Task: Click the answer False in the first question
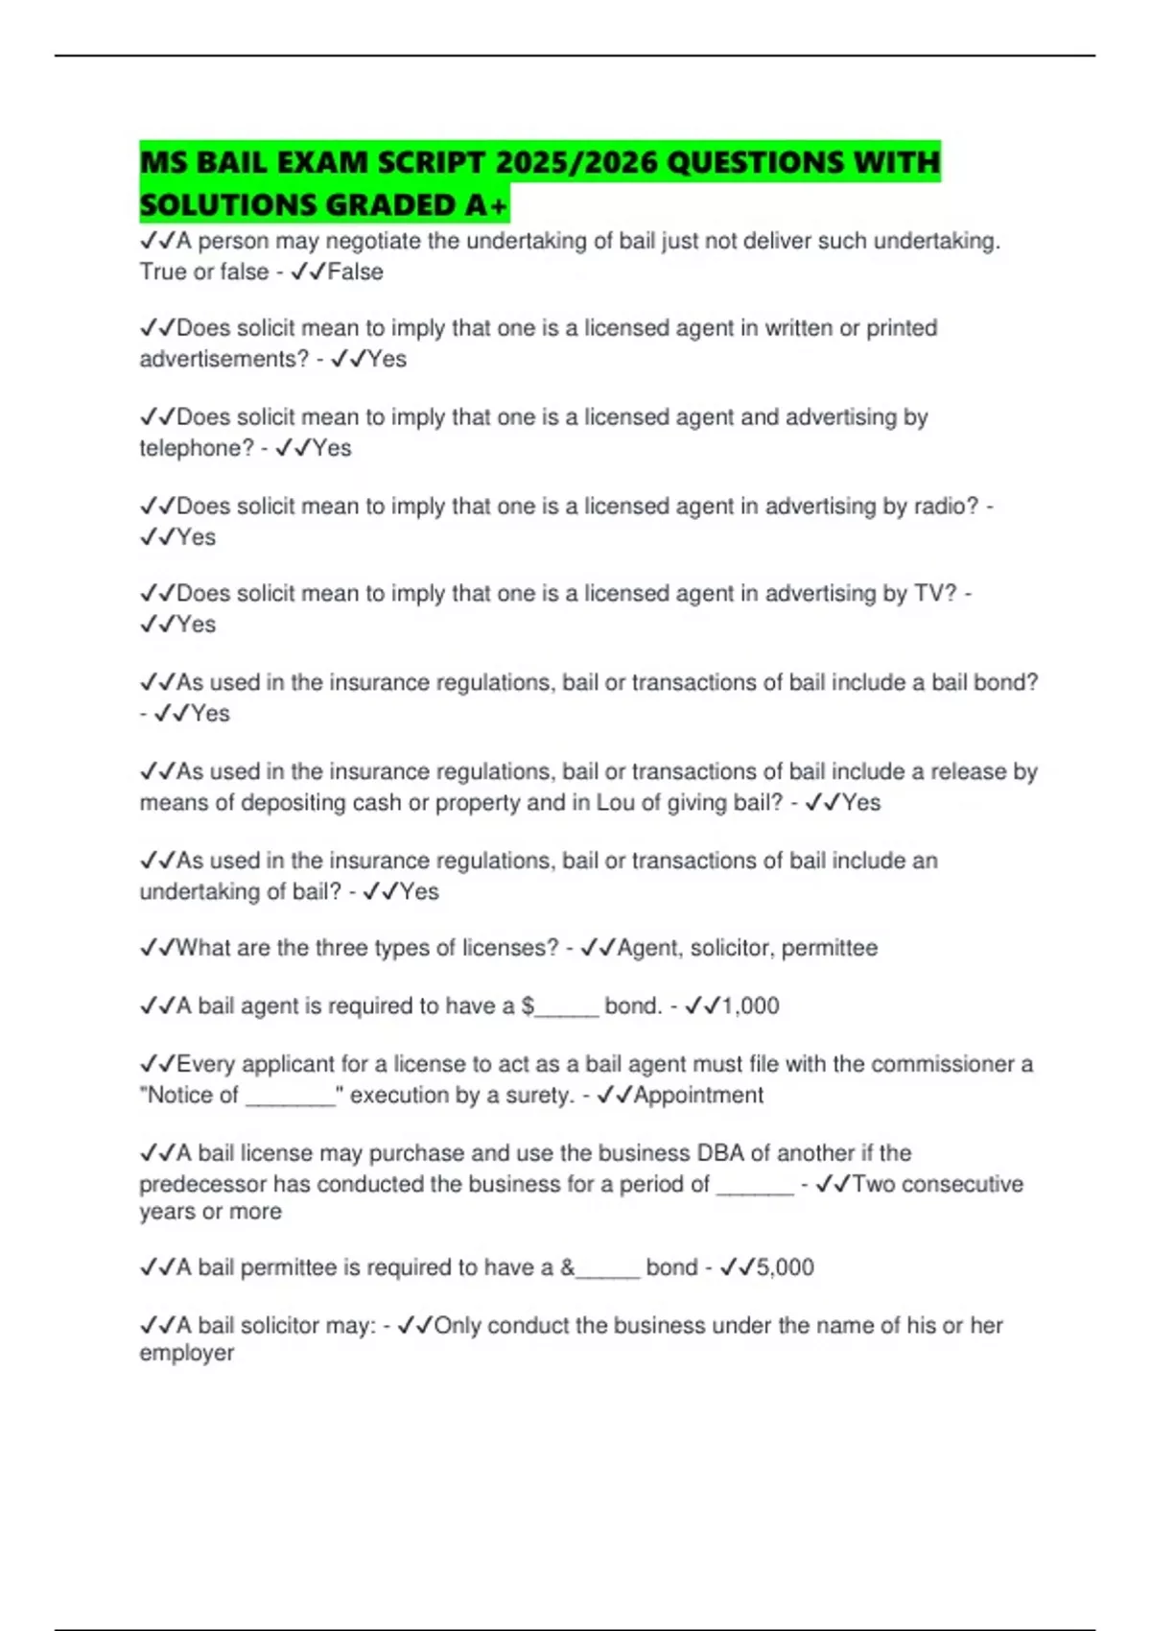click(355, 272)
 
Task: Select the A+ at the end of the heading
click(487, 205)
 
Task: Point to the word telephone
click(197, 448)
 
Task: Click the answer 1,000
click(750, 1005)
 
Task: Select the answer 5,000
click(785, 1267)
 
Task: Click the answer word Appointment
click(698, 1095)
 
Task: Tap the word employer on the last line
click(187, 1353)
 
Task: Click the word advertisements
click(223, 359)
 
